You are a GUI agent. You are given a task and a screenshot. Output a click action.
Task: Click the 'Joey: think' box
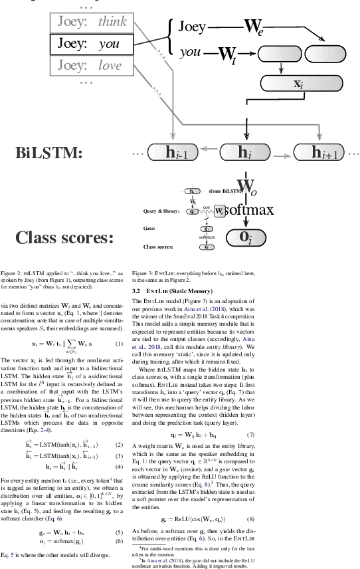click(x=91, y=23)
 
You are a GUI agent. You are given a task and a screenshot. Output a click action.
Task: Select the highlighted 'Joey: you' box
click(x=91, y=44)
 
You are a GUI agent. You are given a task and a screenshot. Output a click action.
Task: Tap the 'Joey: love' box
click(x=91, y=65)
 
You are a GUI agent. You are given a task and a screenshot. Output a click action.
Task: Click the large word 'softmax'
click(x=250, y=210)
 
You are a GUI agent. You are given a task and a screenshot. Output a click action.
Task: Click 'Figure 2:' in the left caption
click(x=11, y=273)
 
